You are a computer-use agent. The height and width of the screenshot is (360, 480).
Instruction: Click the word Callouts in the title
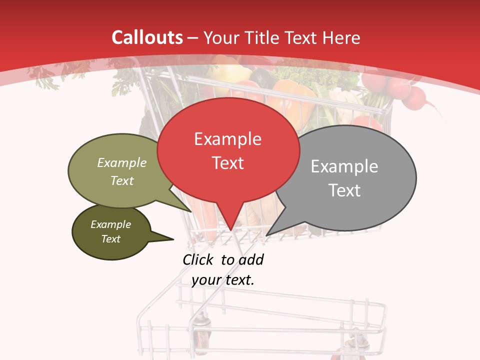(147, 37)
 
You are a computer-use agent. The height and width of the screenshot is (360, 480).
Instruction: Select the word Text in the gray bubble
(344, 190)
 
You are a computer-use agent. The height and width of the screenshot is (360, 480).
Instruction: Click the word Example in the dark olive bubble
(110, 224)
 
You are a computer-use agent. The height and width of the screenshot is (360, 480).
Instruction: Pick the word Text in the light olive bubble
(122, 180)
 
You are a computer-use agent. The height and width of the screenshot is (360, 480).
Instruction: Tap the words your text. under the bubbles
(223, 280)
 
